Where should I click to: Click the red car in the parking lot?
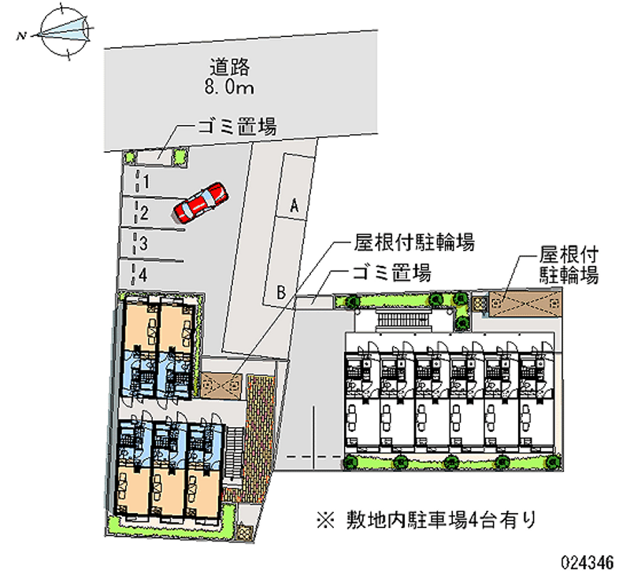(x=200, y=202)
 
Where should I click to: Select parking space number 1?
(x=145, y=182)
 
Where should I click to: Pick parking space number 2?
(x=145, y=211)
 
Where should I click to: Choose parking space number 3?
(x=145, y=242)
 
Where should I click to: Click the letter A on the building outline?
(x=294, y=205)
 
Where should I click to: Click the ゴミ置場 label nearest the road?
(x=235, y=127)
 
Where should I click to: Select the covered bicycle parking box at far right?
(x=524, y=302)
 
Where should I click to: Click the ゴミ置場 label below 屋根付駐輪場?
(x=391, y=274)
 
